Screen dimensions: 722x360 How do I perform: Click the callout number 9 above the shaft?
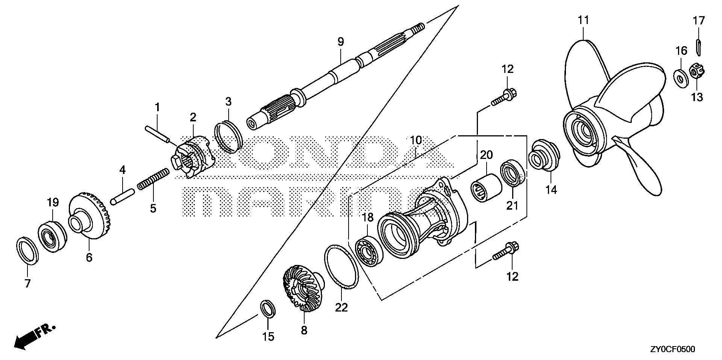[340, 42]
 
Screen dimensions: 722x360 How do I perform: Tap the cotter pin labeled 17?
[698, 47]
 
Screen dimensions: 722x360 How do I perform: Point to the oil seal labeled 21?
[512, 173]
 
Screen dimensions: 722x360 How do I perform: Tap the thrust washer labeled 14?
[544, 155]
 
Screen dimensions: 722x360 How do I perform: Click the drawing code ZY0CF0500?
[672, 349]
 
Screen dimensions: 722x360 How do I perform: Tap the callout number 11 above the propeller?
[583, 20]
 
